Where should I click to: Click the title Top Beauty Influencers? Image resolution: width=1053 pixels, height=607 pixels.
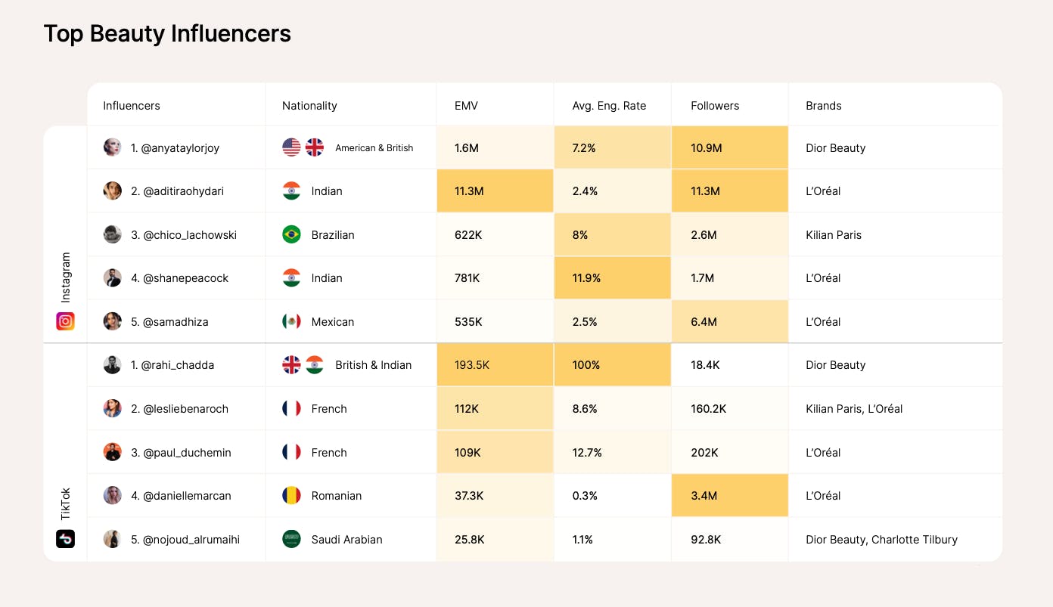click(167, 34)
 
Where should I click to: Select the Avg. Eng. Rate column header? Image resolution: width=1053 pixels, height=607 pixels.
click(609, 106)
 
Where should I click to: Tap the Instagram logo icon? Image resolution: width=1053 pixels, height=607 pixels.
click(66, 321)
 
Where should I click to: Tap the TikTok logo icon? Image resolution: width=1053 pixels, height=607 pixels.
click(66, 539)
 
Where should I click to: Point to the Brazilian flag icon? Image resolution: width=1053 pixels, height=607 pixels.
click(291, 234)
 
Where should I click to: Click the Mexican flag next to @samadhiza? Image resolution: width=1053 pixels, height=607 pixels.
click(291, 321)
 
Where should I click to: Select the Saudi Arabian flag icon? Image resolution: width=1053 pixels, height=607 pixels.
click(291, 539)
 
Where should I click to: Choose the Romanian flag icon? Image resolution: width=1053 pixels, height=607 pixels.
click(291, 496)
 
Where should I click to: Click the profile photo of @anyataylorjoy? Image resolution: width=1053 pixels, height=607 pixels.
click(112, 147)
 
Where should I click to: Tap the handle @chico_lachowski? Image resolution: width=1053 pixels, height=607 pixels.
click(184, 235)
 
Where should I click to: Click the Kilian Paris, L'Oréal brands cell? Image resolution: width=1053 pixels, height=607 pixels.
click(854, 409)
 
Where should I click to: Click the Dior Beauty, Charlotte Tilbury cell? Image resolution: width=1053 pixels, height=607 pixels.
click(881, 540)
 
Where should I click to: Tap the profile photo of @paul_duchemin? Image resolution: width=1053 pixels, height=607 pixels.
click(112, 452)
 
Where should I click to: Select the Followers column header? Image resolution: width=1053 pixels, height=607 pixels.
click(715, 106)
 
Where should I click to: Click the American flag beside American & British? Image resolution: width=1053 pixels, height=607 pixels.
click(291, 147)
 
